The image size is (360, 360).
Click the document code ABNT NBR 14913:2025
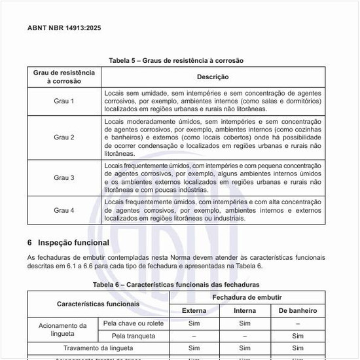(64, 29)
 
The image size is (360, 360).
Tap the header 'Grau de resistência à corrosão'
(64, 77)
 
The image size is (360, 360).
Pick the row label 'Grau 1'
(64, 101)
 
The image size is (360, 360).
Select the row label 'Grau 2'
(64, 137)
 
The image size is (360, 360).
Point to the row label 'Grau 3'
(64, 177)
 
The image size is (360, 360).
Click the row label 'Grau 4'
(64, 210)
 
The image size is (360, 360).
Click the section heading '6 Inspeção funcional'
(68, 243)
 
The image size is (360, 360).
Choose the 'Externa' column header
(194, 310)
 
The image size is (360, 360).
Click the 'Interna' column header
(245, 310)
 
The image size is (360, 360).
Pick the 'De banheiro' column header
(298, 310)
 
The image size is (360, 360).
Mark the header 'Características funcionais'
(98, 304)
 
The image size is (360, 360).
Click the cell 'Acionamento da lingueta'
(63, 329)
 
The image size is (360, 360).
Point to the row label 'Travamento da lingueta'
(98, 348)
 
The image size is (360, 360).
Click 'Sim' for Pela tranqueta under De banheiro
(298, 336)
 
